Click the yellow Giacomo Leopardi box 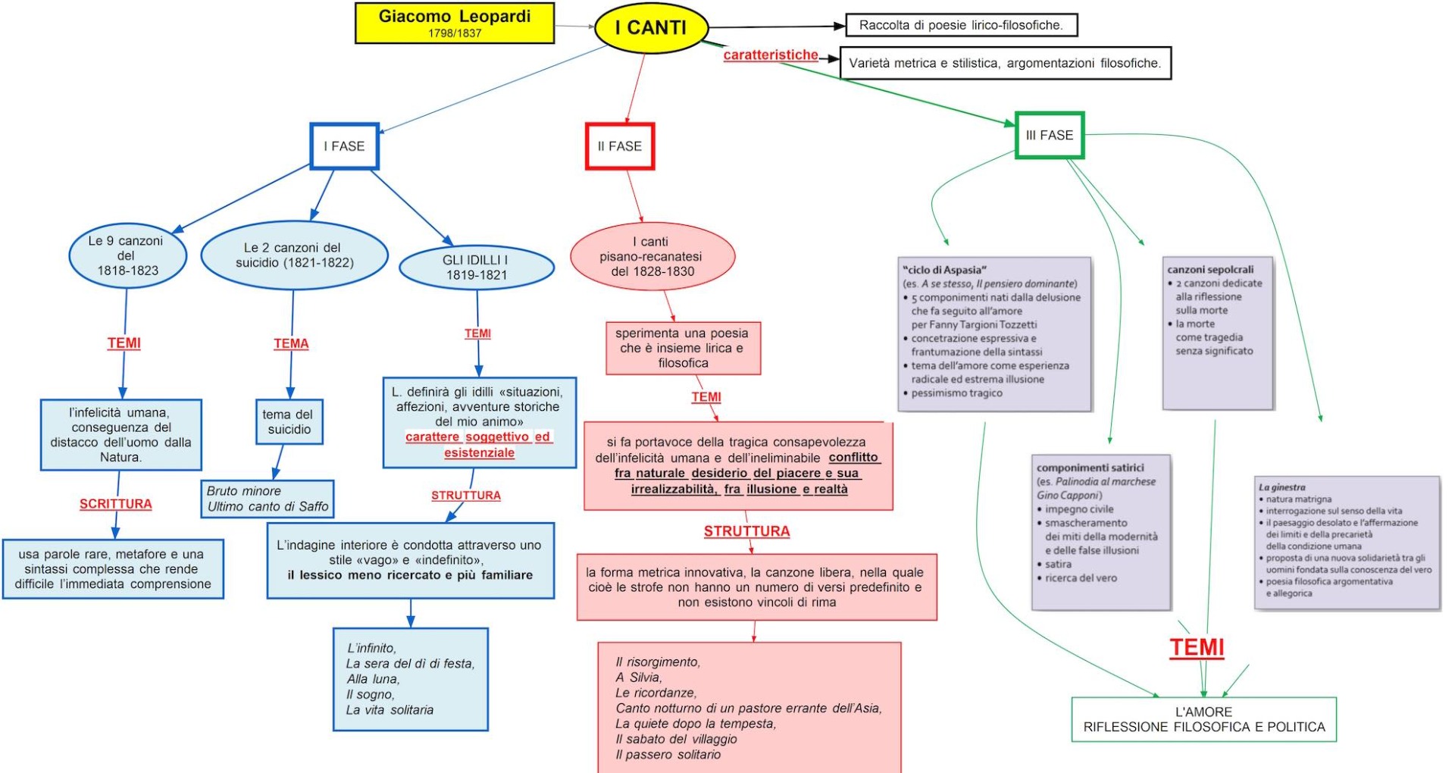[455, 23]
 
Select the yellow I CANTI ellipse [651, 28]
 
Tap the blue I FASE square [345, 146]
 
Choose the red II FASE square [620, 146]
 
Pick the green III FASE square [1050, 136]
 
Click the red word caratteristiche [771, 55]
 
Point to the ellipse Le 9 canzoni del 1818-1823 [127, 256]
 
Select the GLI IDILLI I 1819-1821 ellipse [476, 268]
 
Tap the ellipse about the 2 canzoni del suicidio [294, 255]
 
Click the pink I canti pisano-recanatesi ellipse [652, 257]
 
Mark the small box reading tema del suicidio [289, 422]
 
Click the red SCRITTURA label [116, 504]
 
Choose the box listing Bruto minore [268, 499]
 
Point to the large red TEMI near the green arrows [1197, 648]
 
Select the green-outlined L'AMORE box [1203, 719]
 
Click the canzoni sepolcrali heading [1210, 269]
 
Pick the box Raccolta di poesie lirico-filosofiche [961, 25]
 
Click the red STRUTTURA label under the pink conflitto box [746, 531]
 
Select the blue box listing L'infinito [411, 679]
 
